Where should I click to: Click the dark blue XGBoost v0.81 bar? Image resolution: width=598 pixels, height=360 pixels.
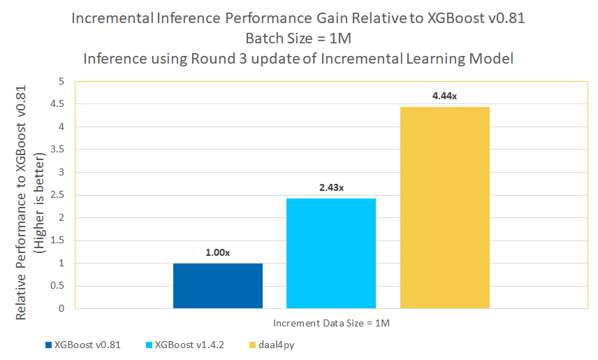(218, 286)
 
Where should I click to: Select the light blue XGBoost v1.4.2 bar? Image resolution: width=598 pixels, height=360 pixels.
(331, 253)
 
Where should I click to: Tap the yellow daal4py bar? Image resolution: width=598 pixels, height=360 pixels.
(445, 208)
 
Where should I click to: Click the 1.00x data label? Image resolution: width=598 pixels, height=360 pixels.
(218, 252)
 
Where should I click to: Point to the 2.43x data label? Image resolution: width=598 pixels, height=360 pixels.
(331, 188)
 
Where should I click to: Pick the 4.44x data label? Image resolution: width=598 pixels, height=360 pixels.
(445, 96)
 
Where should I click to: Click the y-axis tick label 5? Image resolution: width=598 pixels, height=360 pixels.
(61, 82)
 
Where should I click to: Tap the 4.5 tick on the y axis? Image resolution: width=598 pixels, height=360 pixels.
(57, 104)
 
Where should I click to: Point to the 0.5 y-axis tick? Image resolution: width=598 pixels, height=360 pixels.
(57, 286)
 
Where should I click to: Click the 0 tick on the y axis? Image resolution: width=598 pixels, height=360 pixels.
(61, 308)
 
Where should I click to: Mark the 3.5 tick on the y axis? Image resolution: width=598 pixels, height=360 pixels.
(57, 150)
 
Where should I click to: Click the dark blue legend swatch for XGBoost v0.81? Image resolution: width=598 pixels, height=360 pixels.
(48, 345)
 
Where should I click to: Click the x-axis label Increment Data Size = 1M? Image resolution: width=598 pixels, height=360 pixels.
(331, 323)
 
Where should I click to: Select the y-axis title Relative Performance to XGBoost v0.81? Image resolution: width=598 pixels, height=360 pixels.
(22, 203)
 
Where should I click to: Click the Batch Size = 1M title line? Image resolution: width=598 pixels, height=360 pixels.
(298, 38)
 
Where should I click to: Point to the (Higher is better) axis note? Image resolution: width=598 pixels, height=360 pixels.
(40, 203)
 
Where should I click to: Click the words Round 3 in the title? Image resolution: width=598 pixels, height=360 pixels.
(212, 58)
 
